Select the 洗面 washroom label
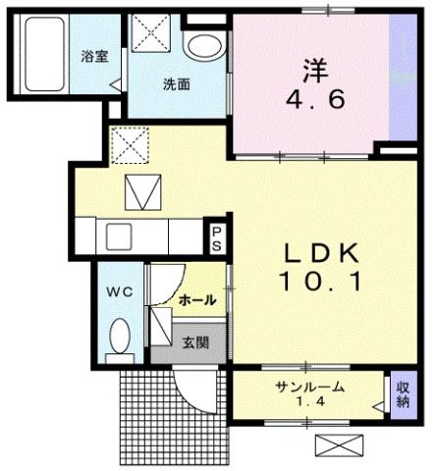tap(176, 84)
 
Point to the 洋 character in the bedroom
tap(313, 70)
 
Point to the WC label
tap(119, 291)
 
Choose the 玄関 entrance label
tap(194, 342)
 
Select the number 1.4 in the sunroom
tap(306, 403)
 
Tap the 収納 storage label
tap(402, 394)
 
